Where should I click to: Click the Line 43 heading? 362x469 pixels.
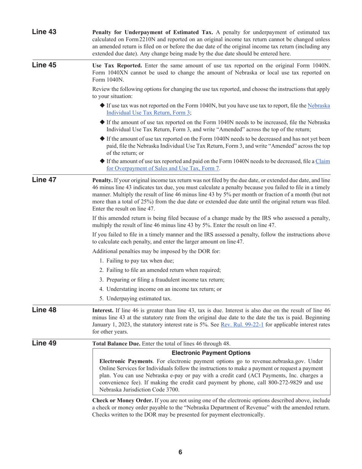44,32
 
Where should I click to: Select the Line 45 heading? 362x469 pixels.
44,65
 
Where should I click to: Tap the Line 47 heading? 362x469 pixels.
44,180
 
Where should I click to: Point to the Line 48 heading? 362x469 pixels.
44,310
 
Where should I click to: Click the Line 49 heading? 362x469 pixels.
44,343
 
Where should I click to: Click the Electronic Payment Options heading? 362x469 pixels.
211,353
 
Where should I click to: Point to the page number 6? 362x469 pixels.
180,452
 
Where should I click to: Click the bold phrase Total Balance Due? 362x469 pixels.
116,344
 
